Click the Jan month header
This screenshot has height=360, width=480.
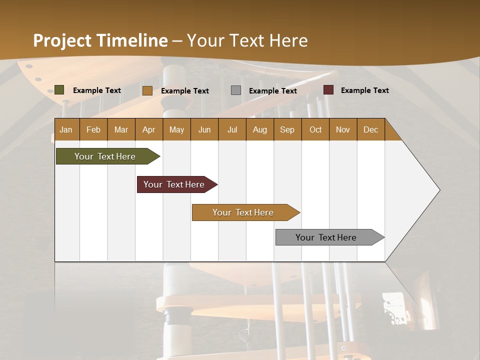66,129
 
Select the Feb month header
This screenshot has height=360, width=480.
93,129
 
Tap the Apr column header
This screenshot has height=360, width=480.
149,129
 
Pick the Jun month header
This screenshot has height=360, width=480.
204,129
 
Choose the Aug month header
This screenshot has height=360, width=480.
260,129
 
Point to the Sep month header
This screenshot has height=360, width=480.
287,129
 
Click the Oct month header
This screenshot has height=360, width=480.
315,129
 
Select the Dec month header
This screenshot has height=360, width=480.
371,129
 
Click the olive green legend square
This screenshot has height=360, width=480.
59,90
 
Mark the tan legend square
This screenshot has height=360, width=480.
147,90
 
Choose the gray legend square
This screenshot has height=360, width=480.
236,90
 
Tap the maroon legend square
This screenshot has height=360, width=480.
328,90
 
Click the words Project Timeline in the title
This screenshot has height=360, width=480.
100,40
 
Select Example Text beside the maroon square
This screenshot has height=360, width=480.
365,90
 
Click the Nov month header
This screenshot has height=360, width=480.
343,129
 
